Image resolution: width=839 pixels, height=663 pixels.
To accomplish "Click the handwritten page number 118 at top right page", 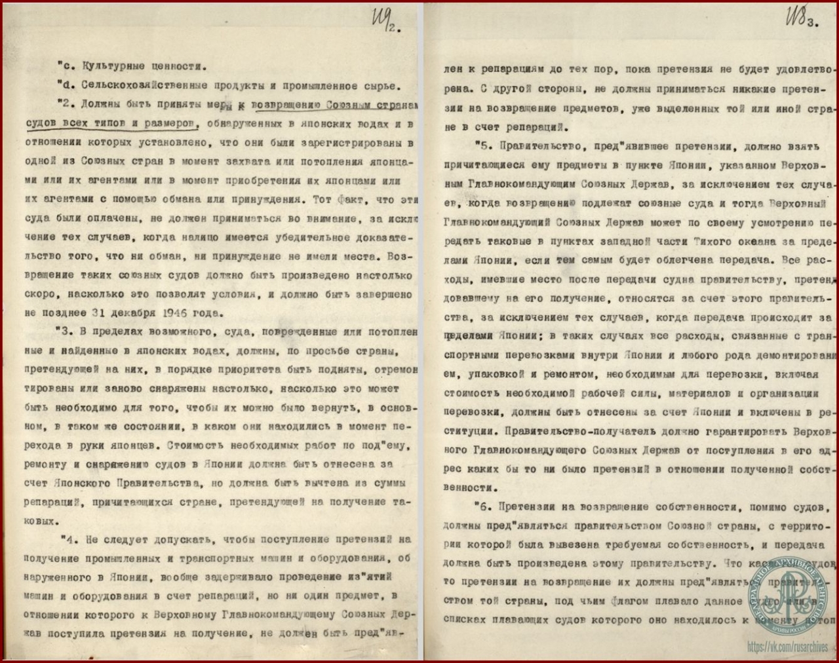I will click(793, 16).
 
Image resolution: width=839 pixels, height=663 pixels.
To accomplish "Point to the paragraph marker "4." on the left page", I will click(68, 539).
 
